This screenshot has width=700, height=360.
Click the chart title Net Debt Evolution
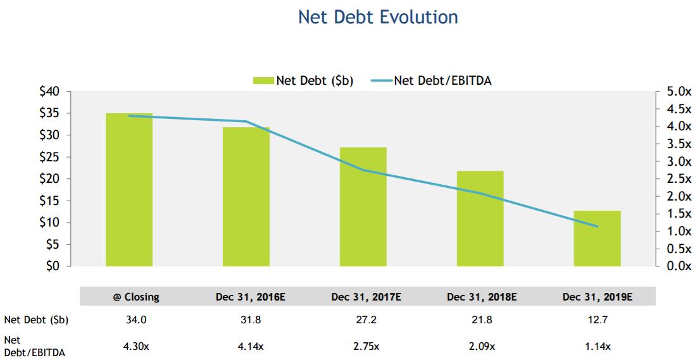pos(378,17)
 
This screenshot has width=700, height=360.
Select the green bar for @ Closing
pos(129,190)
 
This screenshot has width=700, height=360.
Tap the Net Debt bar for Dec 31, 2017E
pos(363,207)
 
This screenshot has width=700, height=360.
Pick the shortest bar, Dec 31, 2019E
pos(597,239)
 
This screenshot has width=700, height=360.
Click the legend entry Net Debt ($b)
pos(304,80)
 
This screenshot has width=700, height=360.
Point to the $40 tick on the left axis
pos(49,92)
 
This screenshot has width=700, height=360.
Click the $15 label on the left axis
pos(49,201)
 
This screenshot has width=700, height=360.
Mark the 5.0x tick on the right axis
pos(679,92)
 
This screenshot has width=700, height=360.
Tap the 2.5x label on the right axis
pos(679,179)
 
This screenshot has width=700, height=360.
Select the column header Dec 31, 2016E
pos(246,296)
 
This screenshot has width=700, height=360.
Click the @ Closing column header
pos(132,296)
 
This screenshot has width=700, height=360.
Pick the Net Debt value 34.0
pos(136,320)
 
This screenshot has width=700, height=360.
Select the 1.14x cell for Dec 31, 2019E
pos(598,346)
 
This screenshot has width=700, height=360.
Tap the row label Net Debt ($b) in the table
pos(36,320)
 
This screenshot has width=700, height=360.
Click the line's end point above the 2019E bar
pos(597,227)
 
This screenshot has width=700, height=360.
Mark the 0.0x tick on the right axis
pos(679,266)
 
